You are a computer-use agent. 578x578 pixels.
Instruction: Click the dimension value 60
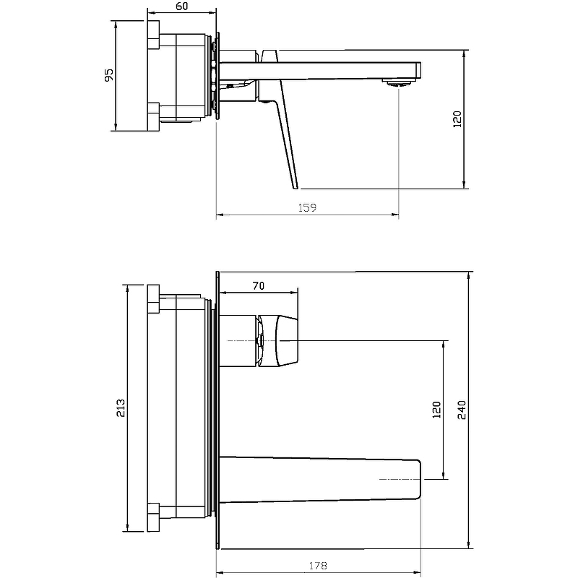[182, 7]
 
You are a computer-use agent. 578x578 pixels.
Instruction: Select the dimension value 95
[109, 75]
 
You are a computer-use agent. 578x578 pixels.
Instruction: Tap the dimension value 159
[307, 208]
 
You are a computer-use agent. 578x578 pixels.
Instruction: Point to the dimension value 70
[259, 285]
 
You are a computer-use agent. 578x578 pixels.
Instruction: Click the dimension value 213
[121, 407]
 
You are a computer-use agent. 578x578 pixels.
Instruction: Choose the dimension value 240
[462, 410]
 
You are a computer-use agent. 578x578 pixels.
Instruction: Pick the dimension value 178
[318, 566]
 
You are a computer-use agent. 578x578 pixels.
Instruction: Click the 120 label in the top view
[457, 119]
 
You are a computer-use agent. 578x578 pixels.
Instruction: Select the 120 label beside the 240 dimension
[436, 410]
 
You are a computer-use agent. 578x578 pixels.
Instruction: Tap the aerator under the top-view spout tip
[398, 82]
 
